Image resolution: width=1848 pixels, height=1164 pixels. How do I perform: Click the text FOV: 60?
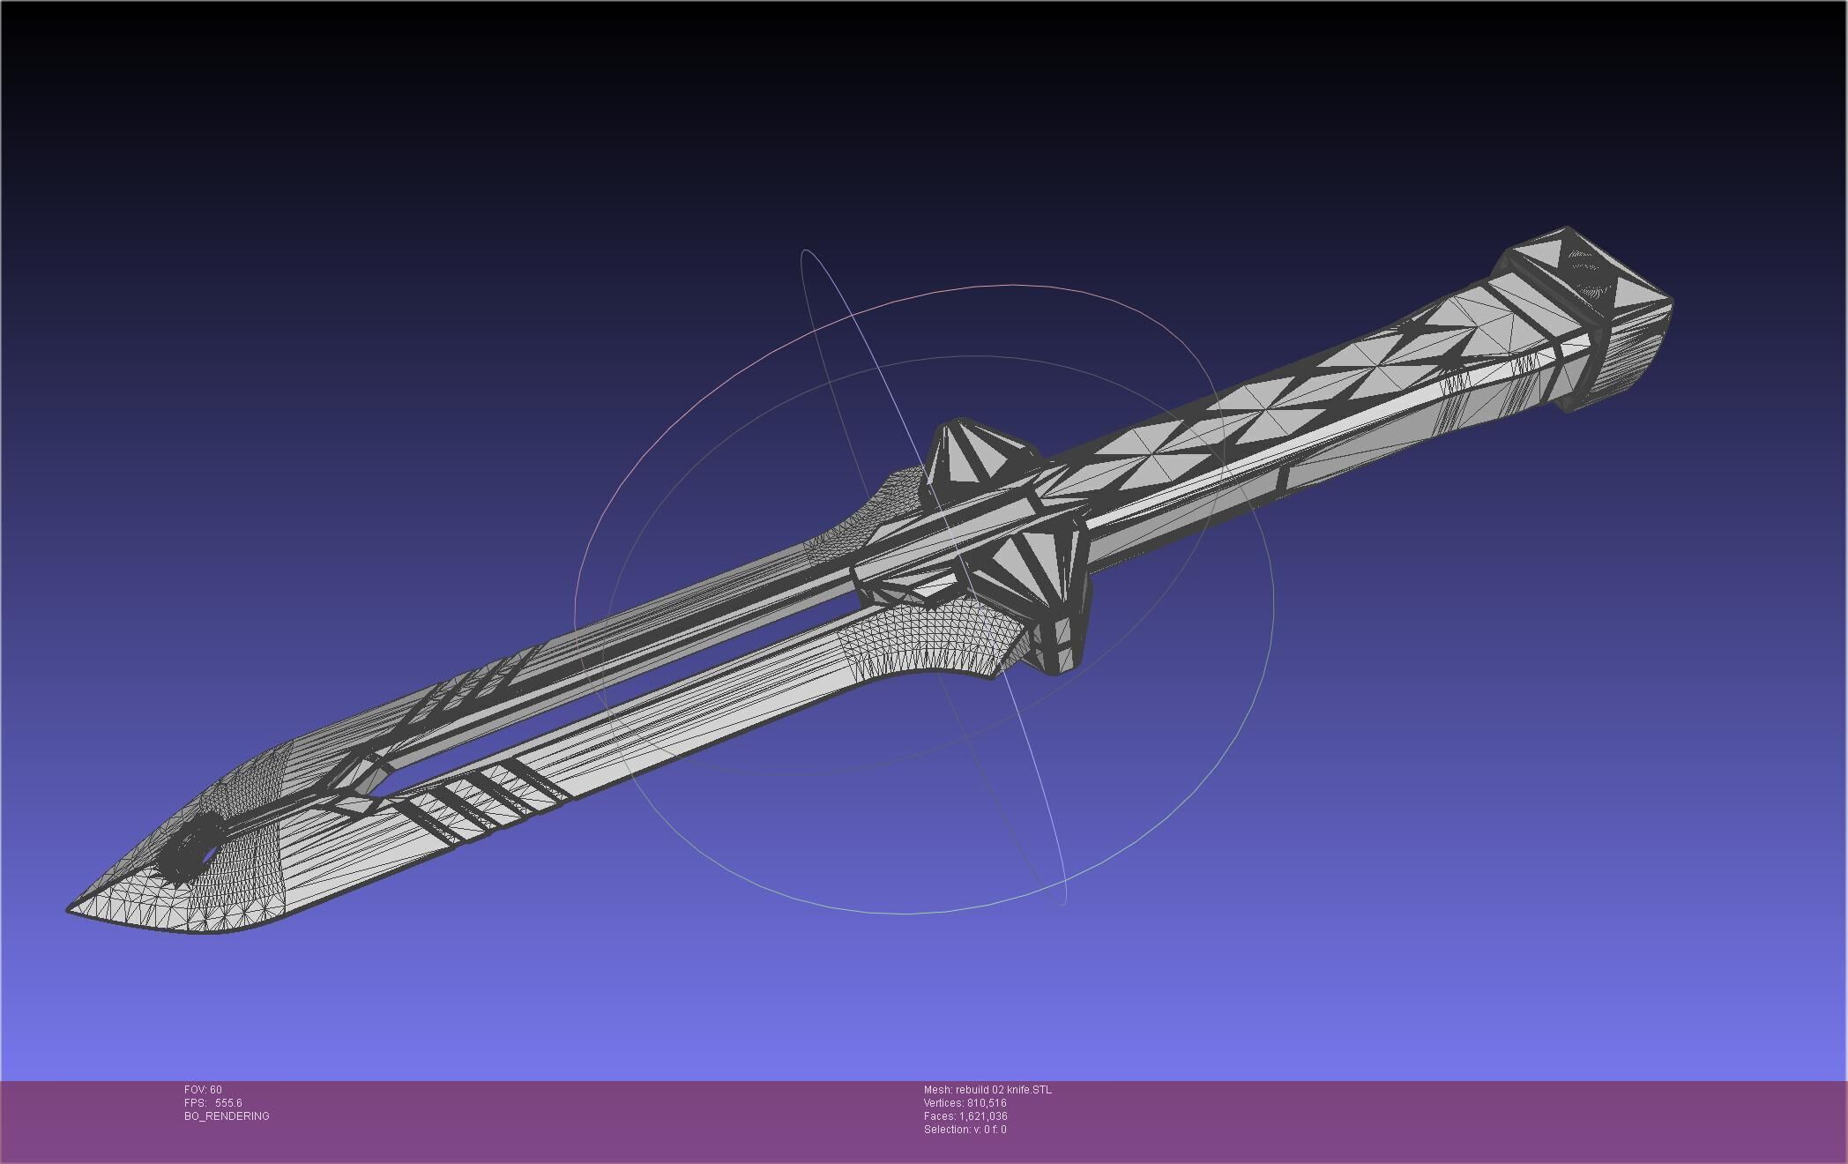point(203,1090)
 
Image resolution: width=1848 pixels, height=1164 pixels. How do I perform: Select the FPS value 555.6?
point(227,1103)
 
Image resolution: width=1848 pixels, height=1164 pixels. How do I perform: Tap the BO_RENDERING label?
point(227,1116)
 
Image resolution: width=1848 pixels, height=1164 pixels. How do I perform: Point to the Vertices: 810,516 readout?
point(965,1103)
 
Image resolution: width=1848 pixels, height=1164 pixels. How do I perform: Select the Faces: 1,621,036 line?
point(965,1116)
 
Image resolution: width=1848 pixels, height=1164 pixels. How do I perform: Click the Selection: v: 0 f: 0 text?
point(965,1130)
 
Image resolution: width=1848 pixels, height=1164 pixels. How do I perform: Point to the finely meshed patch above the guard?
point(890,503)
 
